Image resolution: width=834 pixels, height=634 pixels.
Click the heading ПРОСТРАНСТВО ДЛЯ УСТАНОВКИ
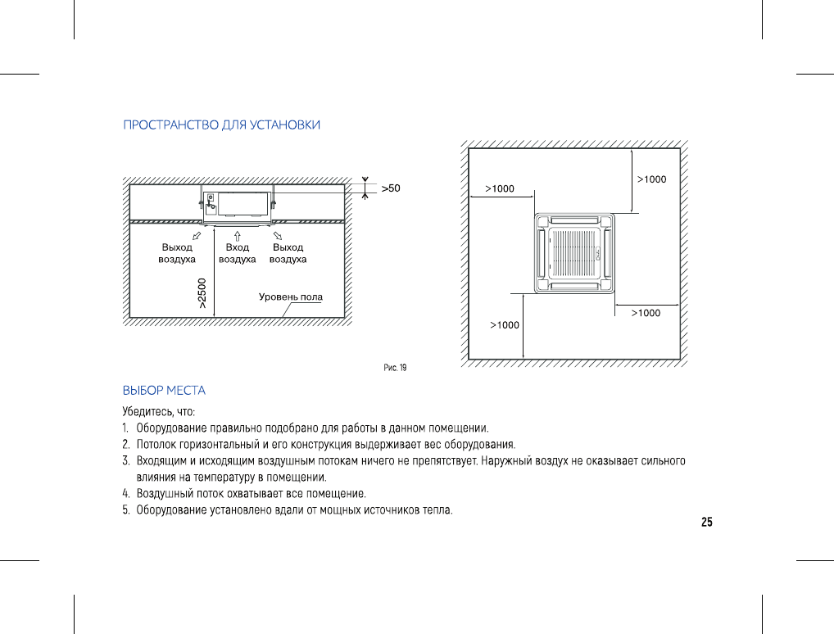[221, 125]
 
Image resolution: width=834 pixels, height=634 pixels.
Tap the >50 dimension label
[391, 188]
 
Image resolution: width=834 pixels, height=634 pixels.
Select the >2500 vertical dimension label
[202, 293]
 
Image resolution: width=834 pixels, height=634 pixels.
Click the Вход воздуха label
[237, 253]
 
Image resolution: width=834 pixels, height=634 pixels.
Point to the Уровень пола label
[291, 297]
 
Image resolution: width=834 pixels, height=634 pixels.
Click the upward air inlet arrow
[237, 235]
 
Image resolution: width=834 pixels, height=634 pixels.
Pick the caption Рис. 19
[395, 368]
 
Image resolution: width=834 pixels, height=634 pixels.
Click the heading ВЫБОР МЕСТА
[164, 391]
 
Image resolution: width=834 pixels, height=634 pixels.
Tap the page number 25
[707, 522]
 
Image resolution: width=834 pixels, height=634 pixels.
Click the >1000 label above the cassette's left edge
[500, 189]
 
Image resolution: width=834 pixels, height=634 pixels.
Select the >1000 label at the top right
[652, 179]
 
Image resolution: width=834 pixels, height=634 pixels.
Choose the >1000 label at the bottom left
[505, 325]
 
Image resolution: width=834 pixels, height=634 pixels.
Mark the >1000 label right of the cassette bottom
[646, 313]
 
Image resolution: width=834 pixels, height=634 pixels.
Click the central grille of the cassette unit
[573, 253]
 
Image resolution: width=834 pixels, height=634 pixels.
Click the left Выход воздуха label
[177, 253]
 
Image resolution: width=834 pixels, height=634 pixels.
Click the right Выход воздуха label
[288, 253]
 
